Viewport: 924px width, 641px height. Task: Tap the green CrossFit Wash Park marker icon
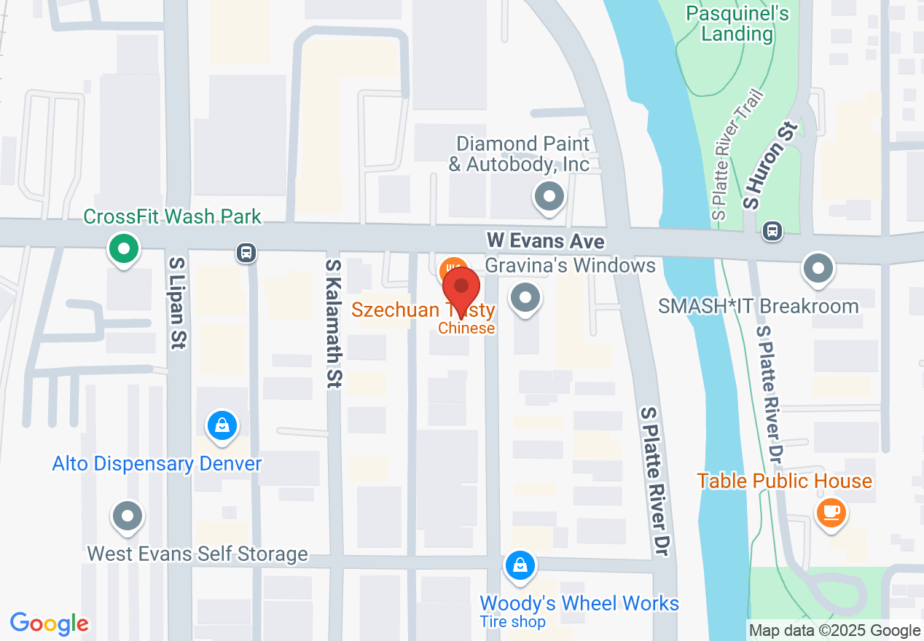[x=124, y=249]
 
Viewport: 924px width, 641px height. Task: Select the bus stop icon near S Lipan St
[x=246, y=253]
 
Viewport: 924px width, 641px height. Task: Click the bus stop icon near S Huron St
[x=772, y=232]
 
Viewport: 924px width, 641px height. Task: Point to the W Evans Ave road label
[x=546, y=240]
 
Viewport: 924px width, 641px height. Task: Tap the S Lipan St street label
[x=176, y=302]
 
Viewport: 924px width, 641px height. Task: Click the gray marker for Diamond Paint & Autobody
[x=549, y=197]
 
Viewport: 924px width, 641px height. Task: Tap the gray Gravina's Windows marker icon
[x=525, y=298]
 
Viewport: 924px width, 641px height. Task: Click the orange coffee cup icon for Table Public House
[x=831, y=511]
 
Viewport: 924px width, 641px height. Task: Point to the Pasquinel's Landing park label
[x=737, y=23]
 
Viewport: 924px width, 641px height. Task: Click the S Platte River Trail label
[x=737, y=155]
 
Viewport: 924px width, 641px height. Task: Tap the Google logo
[x=50, y=624]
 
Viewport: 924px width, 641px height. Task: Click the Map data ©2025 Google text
[x=834, y=631]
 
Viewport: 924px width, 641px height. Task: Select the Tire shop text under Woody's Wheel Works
[x=512, y=621]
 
